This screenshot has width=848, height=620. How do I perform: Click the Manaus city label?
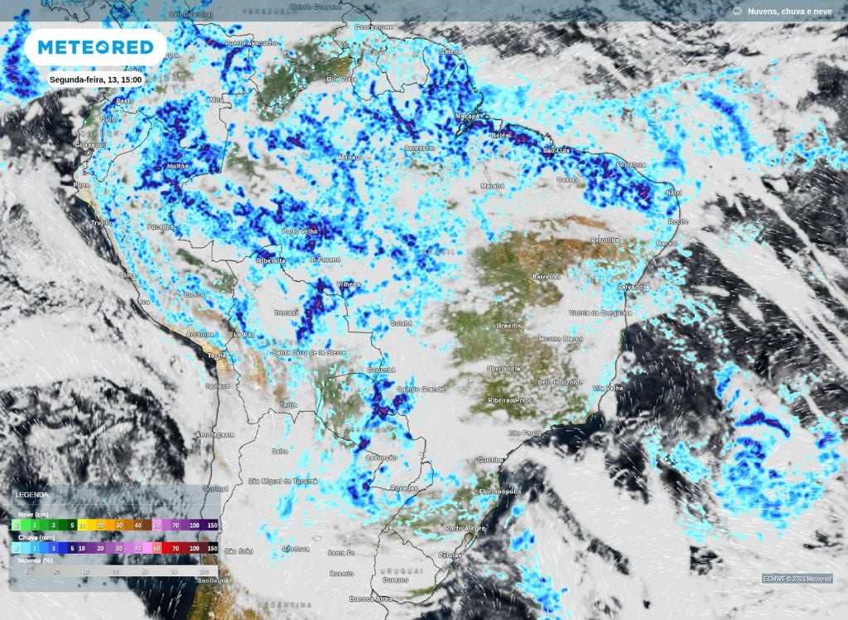(x=351, y=157)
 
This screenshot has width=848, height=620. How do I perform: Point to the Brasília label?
(x=508, y=326)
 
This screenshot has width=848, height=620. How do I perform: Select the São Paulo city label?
(x=524, y=433)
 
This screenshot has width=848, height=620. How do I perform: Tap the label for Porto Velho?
(x=301, y=231)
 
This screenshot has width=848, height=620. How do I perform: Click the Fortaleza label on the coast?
(x=629, y=165)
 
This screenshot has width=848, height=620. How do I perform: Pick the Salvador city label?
(x=632, y=287)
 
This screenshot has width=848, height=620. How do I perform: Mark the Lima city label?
(x=128, y=274)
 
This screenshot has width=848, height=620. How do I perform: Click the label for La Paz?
(x=243, y=334)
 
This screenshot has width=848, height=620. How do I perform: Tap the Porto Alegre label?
(x=465, y=528)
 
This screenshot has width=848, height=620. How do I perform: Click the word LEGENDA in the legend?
(x=31, y=495)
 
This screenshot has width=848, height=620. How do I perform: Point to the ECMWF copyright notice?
(x=797, y=579)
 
